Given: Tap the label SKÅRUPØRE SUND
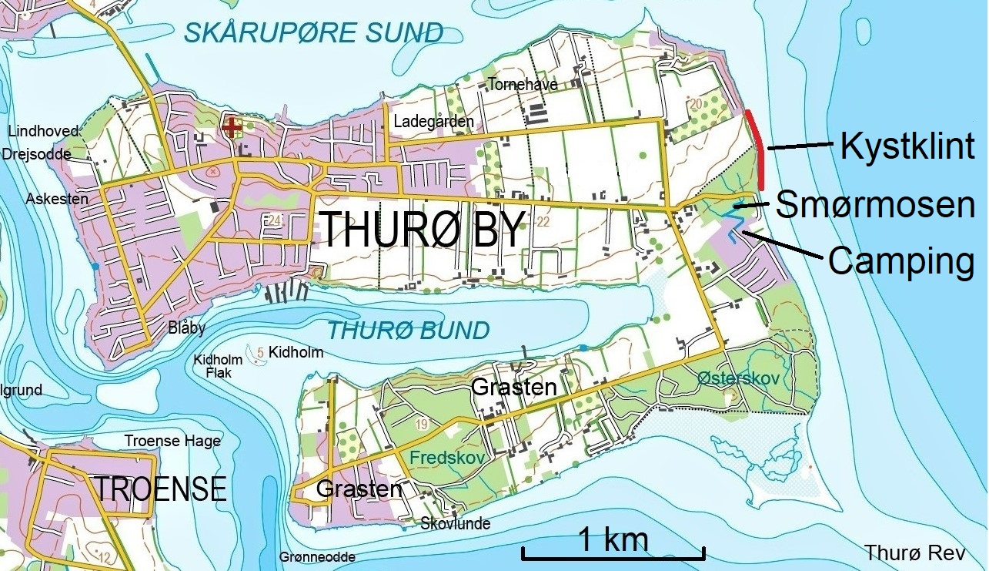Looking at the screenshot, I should point(314,33).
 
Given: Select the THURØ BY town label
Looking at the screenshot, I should point(422,229).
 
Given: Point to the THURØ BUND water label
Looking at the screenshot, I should point(409,331).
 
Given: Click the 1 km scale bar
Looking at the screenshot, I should point(613,552).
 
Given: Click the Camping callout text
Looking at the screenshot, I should point(901,262).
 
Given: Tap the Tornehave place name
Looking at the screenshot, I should point(523,85).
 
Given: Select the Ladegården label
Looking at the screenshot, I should point(433,122).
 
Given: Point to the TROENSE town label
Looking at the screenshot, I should point(160,489).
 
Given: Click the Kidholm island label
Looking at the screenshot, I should point(296,353).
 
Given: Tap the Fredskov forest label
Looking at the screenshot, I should point(447,458).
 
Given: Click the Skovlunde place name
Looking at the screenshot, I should point(456,524).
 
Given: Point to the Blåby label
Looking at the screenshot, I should point(187,328).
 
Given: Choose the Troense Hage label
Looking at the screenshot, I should point(172,441).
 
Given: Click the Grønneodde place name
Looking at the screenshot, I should point(318,557).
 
